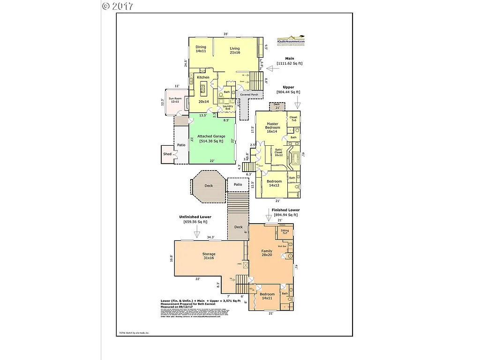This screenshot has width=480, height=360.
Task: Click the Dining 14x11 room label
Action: (201, 49)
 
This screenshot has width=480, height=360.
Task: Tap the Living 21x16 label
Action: (235, 51)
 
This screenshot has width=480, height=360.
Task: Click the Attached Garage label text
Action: (210, 138)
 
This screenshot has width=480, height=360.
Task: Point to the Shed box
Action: (167, 154)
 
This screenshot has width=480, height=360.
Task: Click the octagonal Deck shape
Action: (209, 186)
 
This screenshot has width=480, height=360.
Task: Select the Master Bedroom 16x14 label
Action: (273, 127)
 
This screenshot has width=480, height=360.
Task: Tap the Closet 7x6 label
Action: (293, 119)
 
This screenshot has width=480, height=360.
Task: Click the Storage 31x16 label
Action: (209, 256)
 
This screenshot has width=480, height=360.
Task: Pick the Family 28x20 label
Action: (266, 253)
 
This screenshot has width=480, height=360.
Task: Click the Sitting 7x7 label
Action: (285, 232)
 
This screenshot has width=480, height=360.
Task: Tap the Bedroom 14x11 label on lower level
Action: (267, 296)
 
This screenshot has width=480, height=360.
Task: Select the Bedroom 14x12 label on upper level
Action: (275, 183)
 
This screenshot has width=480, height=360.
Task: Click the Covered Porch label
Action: (249, 95)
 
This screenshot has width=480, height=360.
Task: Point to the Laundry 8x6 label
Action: (228, 107)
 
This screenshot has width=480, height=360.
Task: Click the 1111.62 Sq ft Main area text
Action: (290, 63)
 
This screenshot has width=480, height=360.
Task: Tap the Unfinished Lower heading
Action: (195, 217)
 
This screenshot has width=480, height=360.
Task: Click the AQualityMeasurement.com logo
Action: (291, 41)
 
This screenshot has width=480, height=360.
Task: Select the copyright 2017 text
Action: (118, 6)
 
